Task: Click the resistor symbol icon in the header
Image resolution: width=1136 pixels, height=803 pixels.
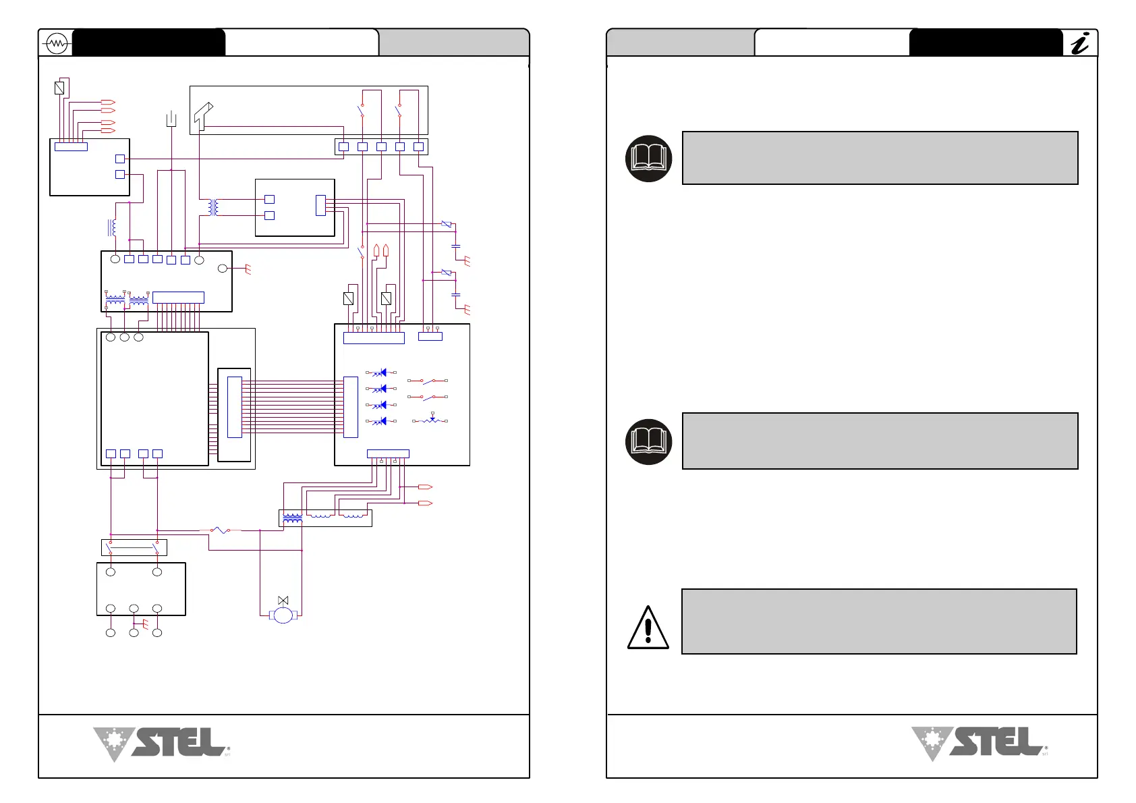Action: pyautogui.click(x=56, y=44)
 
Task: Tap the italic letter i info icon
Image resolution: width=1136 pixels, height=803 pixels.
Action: pyautogui.click(x=1080, y=44)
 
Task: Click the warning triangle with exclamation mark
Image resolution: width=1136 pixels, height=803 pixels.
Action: pyautogui.click(x=648, y=628)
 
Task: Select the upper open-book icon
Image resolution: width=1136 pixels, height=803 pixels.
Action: pyautogui.click(x=649, y=159)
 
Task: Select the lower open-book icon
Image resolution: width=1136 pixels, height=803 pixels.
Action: pyautogui.click(x=649, y=441)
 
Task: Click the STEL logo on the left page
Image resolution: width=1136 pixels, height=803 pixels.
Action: pyautogui.click(x=162, y=744)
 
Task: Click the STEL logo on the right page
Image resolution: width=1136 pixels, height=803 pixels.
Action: pyautogui.click(x=979, y=744)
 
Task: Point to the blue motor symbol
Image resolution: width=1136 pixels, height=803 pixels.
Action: pyautogui.click(x=283, y=615)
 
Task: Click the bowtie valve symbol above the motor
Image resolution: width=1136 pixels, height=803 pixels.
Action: pyautogui.click(x=283, y=600)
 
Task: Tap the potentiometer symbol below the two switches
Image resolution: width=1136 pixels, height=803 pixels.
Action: pyautogui.click(x=431, y=420)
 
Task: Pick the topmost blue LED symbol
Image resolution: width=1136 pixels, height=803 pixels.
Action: pyautogui.click(x=381, y=372)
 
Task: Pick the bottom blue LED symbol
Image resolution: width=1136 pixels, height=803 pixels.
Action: pyautogui.click(x=381, y=421)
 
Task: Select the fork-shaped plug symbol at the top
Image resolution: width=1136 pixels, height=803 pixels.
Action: pyautogui.click(x=171, y=119)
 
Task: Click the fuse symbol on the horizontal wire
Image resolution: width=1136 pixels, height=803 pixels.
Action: pyautogui.click(x=220, y=530)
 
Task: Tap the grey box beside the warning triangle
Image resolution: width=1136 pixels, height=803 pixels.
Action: pyautogui.click(x=879, y=621)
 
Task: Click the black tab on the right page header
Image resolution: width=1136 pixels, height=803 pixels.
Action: pyautogui.click(x=985, y=43)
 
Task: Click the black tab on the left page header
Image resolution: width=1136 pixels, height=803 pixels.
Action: pyautogui.click(x=148, y=43)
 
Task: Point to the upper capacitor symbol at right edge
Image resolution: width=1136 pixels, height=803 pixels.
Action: pyautogui.click(x=456, y=246)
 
